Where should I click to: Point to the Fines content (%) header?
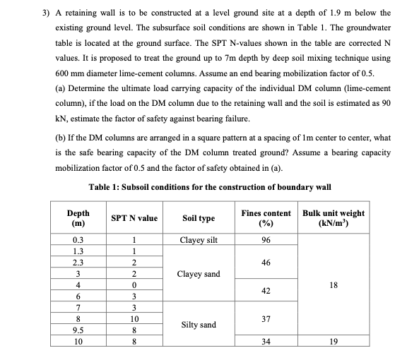pyautogui.click(x=266, y=218)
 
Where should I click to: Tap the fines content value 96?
pyautogui.click(x=266, y=240)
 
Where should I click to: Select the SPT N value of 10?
pyautogui.click(x=134, y=319)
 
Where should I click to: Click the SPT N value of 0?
pyautogui.click(x=134, y=284)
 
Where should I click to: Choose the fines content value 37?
pyautogui.click(x=266, y=319)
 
